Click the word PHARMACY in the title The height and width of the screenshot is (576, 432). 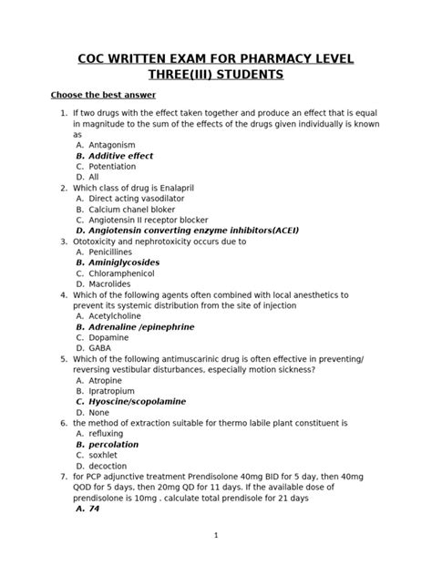tap(271, 59)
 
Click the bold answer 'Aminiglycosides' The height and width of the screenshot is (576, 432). tap(126, 262)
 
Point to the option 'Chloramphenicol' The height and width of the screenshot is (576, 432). tap(121, 273)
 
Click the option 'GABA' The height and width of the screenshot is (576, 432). tap(99, 347)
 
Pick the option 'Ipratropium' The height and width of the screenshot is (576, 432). tap(115, 390)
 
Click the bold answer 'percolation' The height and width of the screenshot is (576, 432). tap(114, 444)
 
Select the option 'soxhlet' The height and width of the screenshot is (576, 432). tap(104, 454)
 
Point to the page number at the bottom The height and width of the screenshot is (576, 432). tap(216, 536)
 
